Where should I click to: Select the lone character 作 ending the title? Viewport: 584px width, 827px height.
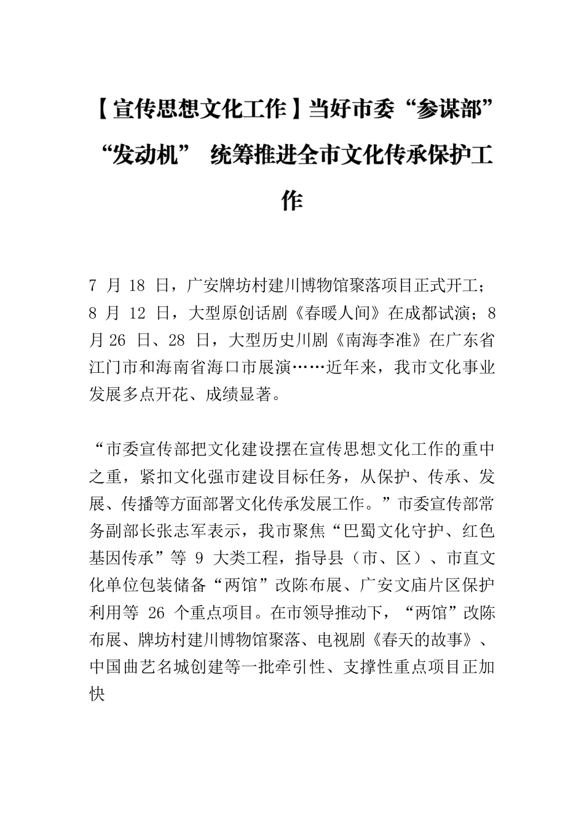(x=291, y=200)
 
